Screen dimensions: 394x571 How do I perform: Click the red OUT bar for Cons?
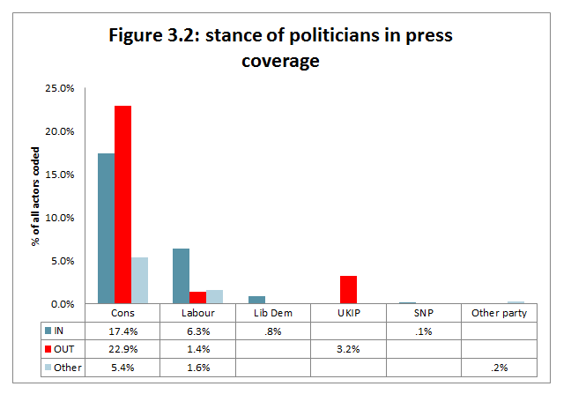tap(122, 204)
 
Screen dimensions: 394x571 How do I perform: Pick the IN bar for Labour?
tap(181, 277)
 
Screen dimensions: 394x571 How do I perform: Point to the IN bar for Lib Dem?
tap(256, 300)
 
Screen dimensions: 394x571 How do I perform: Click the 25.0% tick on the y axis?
tap(60, 89)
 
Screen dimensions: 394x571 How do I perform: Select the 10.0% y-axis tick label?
tap(60, 218)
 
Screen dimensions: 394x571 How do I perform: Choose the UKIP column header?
tap(348, 313)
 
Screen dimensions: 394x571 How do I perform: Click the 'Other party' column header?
tap(499, 313)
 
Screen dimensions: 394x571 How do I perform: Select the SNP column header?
tap(423, 313)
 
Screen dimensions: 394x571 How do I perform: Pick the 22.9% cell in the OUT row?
tap(122, 349)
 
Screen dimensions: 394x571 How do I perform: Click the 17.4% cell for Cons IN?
tap(122, 331)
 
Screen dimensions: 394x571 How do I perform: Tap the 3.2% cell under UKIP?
tap(348, 349)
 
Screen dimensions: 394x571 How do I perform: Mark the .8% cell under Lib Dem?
tap(273, 331)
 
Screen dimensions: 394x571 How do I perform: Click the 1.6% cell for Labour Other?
tap(197, 368)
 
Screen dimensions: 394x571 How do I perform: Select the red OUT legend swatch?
tap(48, 349)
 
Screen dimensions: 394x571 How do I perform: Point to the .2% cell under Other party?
tap(499, 368)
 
